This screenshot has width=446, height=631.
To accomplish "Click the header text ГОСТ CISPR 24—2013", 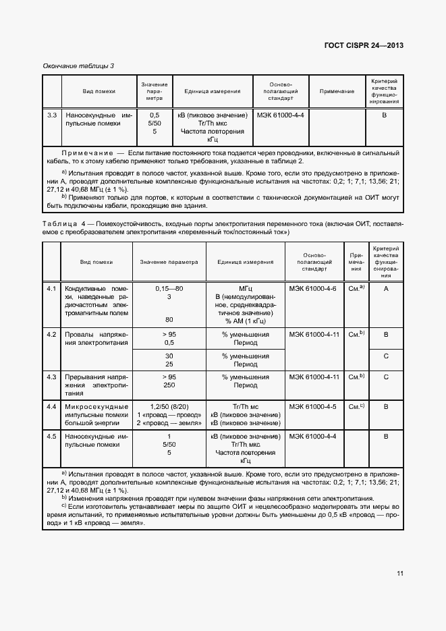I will coord(364,45).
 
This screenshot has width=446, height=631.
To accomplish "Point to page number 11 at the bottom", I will coord(400,574).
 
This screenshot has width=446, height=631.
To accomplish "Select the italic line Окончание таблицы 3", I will coord(78,65).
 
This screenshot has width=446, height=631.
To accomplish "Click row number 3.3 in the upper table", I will coord(51,115).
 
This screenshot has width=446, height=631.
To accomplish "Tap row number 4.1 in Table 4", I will coord(51,288).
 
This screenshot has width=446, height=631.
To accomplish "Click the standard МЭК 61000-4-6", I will coord(312,288).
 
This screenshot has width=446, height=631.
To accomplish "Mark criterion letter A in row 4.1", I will coord(385,288).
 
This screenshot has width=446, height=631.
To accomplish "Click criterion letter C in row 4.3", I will coord(385,377).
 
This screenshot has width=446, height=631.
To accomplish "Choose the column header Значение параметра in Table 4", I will coord(169,262).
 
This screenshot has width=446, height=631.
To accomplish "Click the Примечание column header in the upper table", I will coord(337,91).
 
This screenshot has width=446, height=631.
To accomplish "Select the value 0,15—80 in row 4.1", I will coord(169,288).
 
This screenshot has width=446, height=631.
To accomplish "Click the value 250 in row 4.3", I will coord(169,385).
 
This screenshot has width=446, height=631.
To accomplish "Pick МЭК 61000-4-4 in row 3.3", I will coord(281,115).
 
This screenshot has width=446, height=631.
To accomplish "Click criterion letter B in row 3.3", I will coord(385,115).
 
